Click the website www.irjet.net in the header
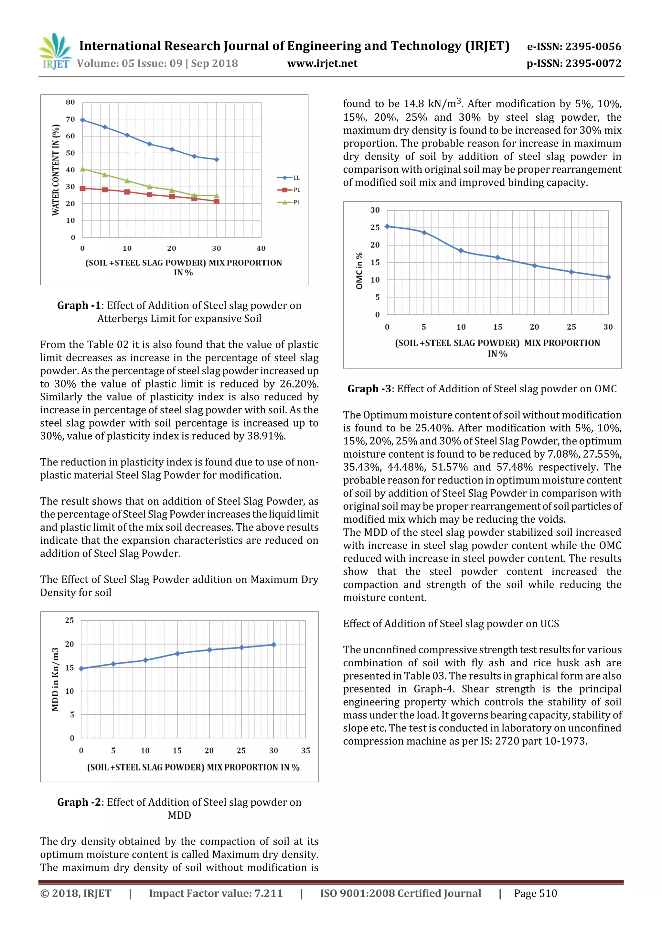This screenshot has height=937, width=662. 322,64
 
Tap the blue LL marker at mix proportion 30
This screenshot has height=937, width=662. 217,159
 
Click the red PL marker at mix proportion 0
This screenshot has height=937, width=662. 82,189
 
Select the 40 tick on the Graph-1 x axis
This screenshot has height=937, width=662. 261,248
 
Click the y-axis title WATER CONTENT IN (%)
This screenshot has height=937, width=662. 56,170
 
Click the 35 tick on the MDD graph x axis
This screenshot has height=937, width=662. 305,750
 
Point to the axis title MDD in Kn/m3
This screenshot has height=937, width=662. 55,680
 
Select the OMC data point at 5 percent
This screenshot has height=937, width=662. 424,233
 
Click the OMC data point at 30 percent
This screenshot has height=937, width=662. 608,277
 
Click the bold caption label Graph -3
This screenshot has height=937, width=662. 369,389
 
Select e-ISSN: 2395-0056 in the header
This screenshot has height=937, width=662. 574,47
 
